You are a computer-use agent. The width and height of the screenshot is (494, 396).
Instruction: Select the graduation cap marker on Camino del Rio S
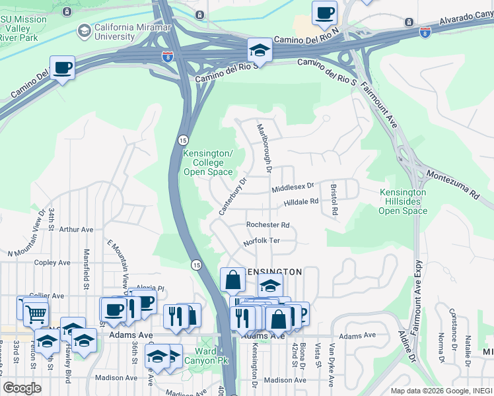260,51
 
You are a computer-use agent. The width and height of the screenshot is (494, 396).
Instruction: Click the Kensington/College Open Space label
207,163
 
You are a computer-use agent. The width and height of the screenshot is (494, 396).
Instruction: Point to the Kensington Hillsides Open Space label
403,201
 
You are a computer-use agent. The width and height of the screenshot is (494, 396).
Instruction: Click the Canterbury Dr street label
232,196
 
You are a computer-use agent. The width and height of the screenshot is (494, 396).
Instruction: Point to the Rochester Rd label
267,225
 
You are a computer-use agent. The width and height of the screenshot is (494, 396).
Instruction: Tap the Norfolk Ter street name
262,242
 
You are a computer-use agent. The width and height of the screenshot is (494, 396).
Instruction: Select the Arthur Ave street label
76,230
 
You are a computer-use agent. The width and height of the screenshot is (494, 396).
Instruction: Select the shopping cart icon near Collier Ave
35,314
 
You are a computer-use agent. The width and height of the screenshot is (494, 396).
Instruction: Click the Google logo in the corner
22,387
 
